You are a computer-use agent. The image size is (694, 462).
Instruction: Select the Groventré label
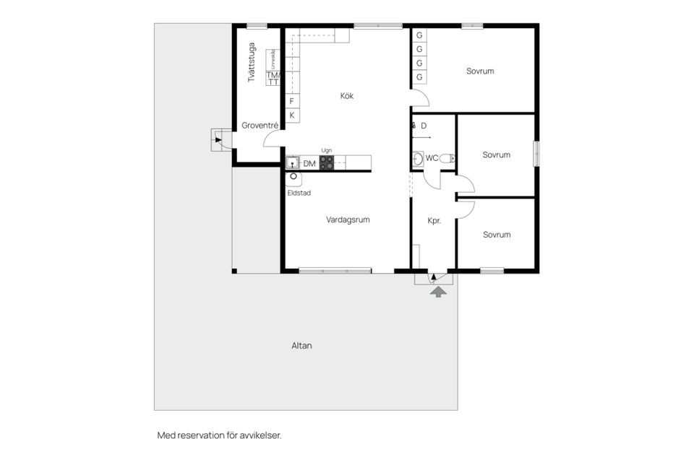(x=260, y=125)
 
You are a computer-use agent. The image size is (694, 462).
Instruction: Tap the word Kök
(x=348, y=95)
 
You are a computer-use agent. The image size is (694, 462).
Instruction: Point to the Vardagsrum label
(x=348, y=219)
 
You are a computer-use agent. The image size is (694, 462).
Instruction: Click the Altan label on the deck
(x=301, y=346)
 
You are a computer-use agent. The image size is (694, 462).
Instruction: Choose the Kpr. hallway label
(x=434, y=221)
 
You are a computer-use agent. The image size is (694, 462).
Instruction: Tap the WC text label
(x=432, y=158)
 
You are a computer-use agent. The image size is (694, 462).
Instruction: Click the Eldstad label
(x=299, y=193)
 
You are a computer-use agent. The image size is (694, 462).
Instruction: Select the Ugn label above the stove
(x=327, y=150)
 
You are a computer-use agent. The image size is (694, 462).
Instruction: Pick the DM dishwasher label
(x=309, y=164)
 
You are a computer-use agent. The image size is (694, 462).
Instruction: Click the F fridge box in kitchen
(x=292, y=101)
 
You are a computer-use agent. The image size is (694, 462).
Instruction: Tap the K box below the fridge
(x=292, y=115)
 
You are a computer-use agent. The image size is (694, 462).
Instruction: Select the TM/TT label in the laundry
(x=273, y=78)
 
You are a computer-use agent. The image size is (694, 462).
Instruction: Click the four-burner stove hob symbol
(x=327, y=163)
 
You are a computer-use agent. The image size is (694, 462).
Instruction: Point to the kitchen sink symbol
(x=293, y=163)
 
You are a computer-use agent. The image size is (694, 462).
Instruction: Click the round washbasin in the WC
(x=418, y=158)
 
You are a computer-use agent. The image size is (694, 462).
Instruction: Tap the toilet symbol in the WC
(x=450, y=158)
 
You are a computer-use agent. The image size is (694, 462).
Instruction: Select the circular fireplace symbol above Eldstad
(x=294, y=175)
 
